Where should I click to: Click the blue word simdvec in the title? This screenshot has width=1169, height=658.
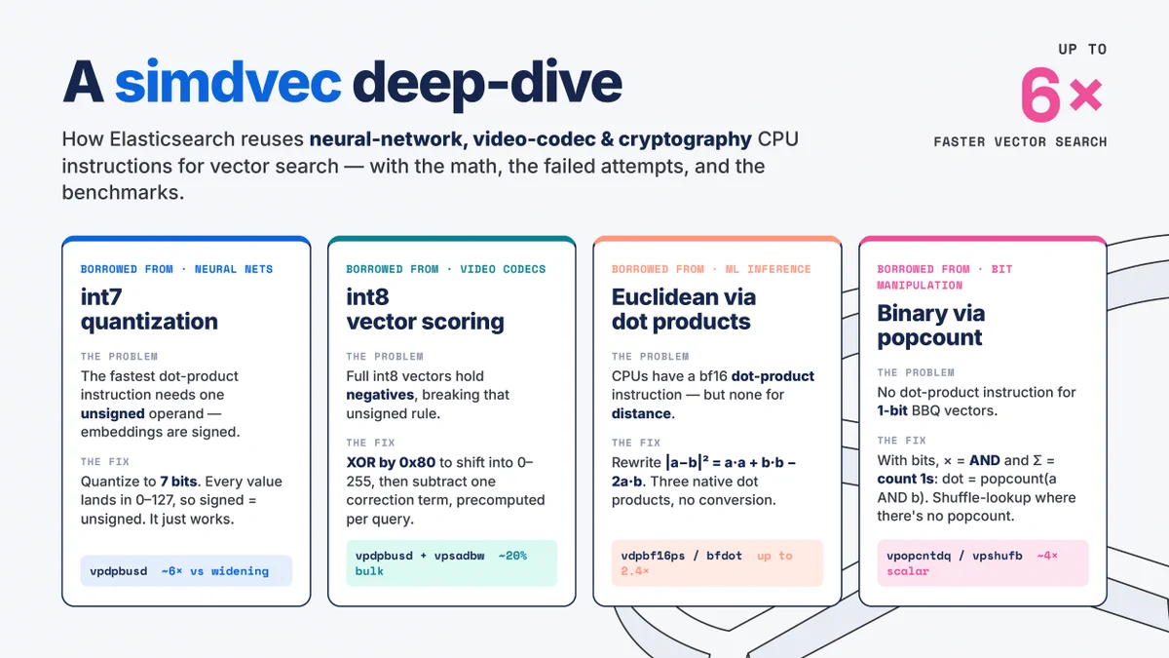228,83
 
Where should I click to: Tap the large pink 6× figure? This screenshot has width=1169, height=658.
1062,95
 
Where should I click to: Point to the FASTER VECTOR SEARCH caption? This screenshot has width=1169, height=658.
1020,141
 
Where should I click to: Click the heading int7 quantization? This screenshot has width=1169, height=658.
149,309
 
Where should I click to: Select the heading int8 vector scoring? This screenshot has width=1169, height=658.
425,309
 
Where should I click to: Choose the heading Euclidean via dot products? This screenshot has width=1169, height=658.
684,309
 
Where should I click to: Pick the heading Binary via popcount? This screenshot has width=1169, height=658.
931,326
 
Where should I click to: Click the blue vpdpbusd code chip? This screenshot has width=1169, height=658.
186,571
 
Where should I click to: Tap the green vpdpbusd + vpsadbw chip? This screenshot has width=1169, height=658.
451,563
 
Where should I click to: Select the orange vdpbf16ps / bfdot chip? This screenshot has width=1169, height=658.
717,563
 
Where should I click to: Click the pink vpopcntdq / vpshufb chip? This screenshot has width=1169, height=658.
983,563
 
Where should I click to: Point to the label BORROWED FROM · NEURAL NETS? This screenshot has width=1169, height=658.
176,269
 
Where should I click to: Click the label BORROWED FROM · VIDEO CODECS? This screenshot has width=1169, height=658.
446,269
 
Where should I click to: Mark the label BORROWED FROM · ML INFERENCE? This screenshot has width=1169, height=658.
711,269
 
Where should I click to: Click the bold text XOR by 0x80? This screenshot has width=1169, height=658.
391,463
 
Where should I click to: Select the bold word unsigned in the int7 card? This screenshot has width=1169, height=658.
112,413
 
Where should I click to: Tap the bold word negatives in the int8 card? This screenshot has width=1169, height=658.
380,395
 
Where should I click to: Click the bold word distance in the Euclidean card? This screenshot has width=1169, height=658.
641,413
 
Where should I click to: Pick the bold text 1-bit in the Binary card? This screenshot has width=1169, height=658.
892,410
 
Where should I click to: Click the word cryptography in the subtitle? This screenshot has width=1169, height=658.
685,139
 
